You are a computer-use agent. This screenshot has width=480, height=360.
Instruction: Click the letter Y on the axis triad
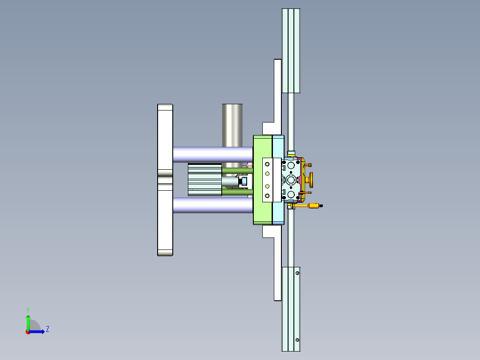coord(28,309)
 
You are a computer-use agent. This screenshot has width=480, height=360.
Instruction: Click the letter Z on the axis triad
coord(47,329)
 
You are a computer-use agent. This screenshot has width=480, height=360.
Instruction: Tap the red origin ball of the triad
coord(28,332)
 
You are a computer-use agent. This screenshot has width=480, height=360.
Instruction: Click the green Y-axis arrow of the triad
coord(28,322)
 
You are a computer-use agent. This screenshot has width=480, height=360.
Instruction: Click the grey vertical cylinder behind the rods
coord(232,125)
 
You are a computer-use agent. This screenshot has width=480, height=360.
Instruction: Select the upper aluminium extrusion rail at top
coord(291,49)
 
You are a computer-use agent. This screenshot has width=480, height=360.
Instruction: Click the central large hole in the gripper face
coord(291,180)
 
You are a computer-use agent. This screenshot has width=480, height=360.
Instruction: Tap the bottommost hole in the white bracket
coord(267,196)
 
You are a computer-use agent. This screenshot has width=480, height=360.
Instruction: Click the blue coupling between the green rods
coord(244,181)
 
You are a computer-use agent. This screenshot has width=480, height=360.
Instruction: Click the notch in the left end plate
coord(165,180)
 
